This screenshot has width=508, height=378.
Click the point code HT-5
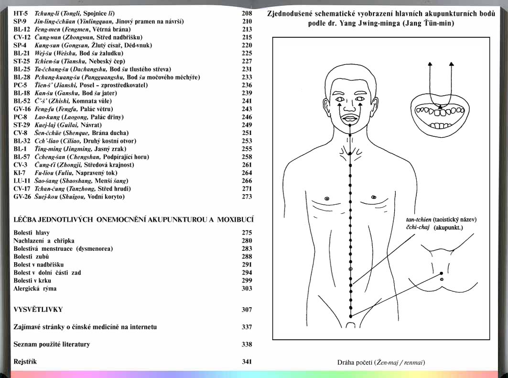pos(21,13)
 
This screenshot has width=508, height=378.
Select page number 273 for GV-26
pos(247,197)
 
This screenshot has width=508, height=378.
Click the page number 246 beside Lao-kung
pos(247,117)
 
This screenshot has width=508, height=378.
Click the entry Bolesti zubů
pos(31,256)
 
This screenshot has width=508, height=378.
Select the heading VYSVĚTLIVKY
pos(38,310)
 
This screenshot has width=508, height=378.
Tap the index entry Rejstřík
pos(25,362)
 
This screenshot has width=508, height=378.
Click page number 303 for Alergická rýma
pos(247,289)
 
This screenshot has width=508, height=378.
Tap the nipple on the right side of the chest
pos(374,197)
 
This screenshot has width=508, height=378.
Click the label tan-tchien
pos(419,220)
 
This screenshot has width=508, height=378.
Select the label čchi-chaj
pos(418,227)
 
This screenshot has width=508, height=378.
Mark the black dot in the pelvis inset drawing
pos(441,273)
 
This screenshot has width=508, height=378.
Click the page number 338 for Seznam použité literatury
pos(247,345)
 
